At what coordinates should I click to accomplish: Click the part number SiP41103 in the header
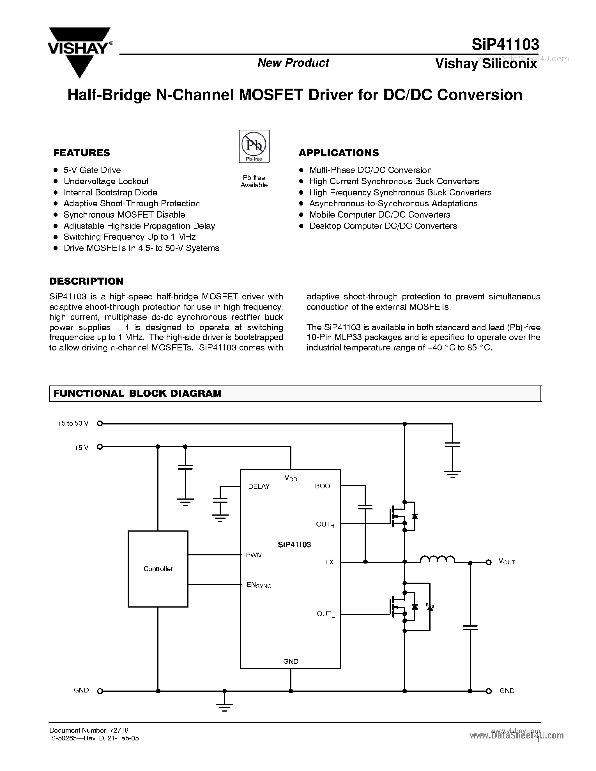[x=505, y=45]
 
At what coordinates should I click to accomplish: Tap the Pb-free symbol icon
[x=254, y=146]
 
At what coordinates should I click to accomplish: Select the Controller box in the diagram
[x=158, y=569]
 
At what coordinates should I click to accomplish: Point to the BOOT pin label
[x=324, y=486]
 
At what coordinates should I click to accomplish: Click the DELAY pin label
[x=259, y=486]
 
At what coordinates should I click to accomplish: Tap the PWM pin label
[x=254, y=555]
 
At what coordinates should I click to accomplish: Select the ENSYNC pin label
[x=259, y=585]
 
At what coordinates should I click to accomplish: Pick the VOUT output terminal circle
[x=489, y=562]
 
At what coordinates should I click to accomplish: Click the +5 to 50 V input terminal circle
[x=100, y=423]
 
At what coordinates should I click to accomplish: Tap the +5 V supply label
[x=81, y=448]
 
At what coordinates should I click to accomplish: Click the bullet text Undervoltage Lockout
[x=106, y=181]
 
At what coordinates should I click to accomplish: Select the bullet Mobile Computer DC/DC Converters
[x=379, y=215]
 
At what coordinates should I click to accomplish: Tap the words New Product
[x=293, y=63]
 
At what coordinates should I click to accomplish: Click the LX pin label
[x=330, y=562]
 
